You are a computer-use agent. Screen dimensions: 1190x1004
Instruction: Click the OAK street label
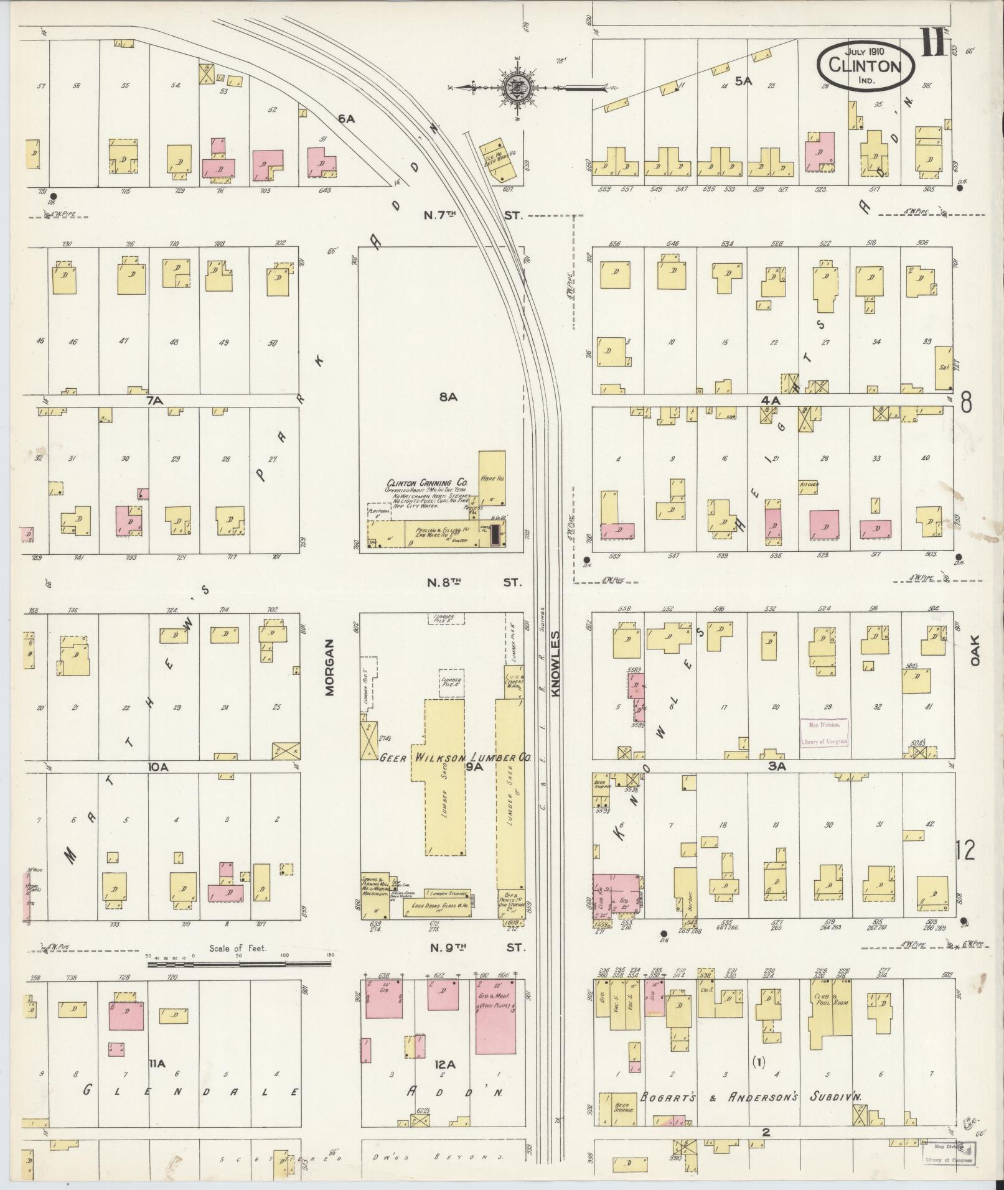[x=974, y=649]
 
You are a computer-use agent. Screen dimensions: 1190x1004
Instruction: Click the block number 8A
[x=448, y=396]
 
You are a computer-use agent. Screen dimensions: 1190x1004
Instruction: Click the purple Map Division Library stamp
[x=824, y=733]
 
